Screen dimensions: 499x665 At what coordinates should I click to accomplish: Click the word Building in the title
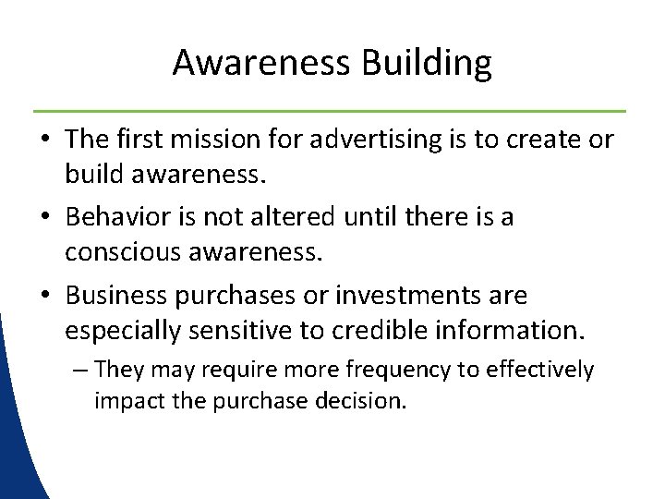point(427,64)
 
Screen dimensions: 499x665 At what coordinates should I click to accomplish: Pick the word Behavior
point(123,217)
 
